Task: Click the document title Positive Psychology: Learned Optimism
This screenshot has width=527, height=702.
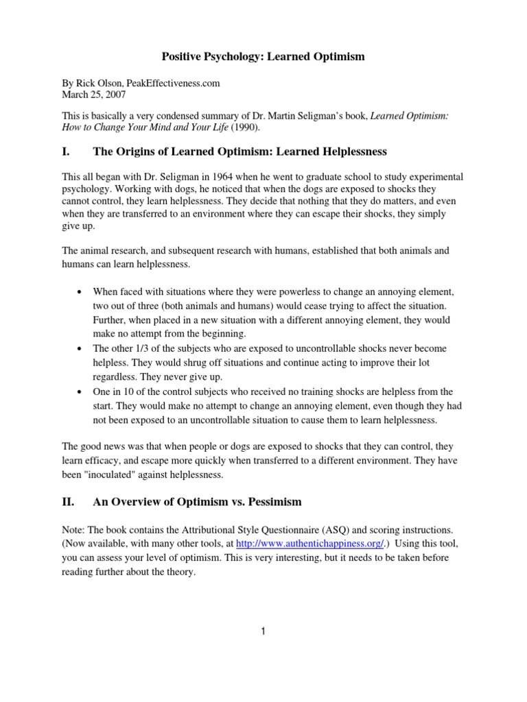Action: [x=263, y=57]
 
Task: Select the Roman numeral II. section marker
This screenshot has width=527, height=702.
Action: [x=69, y=502]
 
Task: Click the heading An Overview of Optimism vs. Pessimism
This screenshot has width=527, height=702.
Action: [x=197, y=502]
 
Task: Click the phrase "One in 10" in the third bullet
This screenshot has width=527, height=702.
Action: [x=113, y=392]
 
